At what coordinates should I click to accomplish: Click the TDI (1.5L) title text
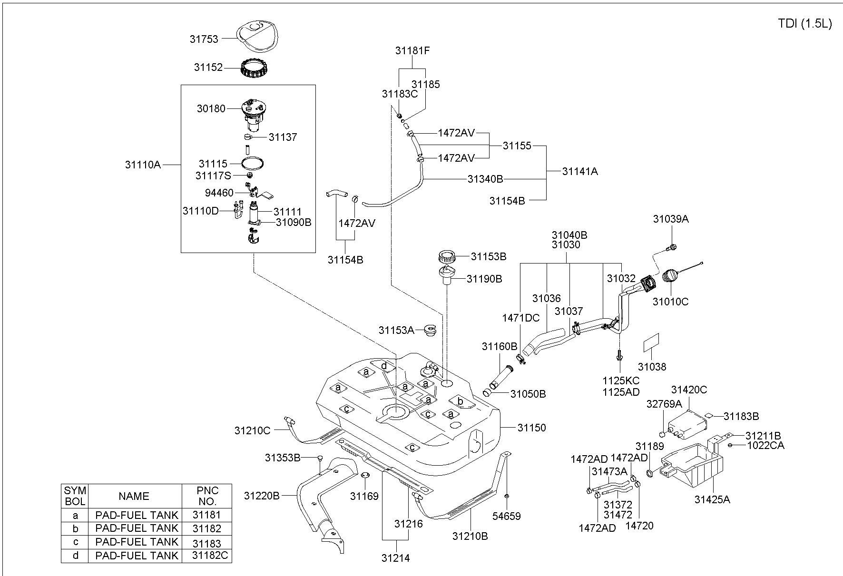click(805, 24)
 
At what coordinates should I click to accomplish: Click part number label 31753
click(204, 39)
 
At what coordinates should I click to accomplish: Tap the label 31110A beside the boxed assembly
click(143, 165)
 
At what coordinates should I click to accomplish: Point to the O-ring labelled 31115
click(253, 163)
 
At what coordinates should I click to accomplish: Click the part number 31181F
click(412, 50)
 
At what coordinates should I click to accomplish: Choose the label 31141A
click(580, 172)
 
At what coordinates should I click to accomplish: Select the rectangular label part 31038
click(652, 342)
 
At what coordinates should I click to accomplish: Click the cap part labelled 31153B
click(448, 259)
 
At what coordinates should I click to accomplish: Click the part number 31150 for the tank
click(532, 428)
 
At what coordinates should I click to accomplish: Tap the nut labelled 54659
click(507, 496)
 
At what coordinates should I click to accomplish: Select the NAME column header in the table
click(134, 496)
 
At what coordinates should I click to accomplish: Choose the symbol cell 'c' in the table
click(75, 542)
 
